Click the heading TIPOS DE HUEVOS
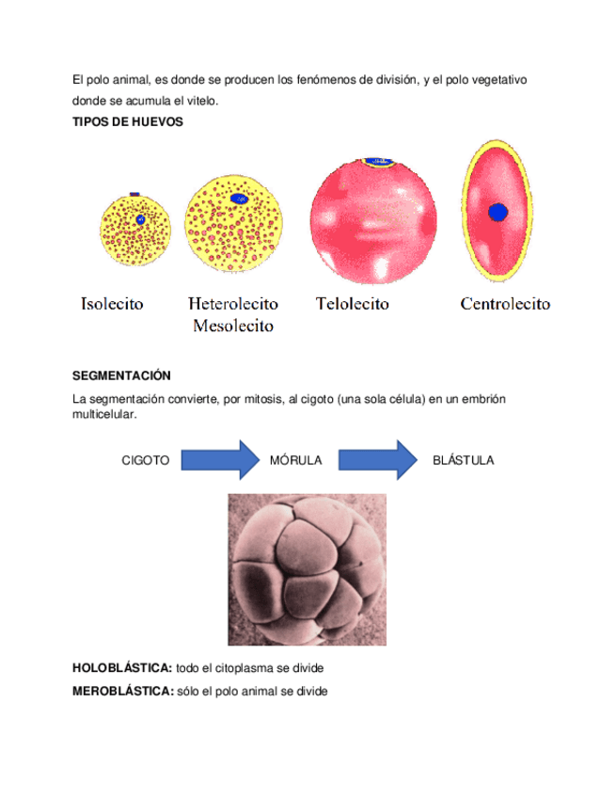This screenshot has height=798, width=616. click(127, 123)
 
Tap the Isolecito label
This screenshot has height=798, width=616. click(112, 304)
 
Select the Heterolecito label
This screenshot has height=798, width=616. click(232, 304)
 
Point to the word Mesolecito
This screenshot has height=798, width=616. click(232, 327)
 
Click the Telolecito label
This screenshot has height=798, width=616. click(352, 304)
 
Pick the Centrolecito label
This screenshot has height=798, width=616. click(505, 304)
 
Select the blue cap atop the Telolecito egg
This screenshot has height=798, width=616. click(378, 163)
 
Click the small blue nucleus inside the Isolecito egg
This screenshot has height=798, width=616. click(140, 218)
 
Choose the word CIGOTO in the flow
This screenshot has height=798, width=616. click(146, 460)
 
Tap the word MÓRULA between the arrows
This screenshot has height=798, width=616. click(296, 460)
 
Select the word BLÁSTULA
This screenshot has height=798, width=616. click(463, 460)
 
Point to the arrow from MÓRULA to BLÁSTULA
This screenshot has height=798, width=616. click(377, 459)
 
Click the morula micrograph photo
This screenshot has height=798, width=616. click(307, 568)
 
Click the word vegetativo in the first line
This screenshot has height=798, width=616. click(495, 81)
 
